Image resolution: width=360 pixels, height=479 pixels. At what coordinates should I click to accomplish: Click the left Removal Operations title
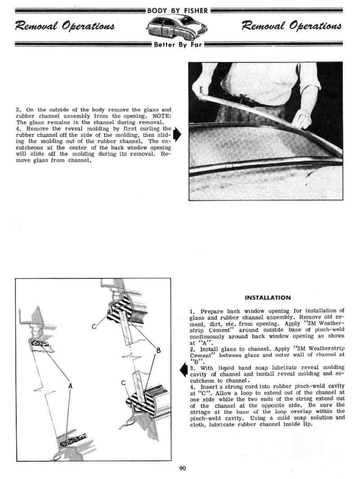(65, 27)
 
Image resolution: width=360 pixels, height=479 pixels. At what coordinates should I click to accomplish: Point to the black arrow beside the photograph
(177, 134)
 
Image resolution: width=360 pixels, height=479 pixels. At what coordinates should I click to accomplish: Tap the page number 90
(182, 469)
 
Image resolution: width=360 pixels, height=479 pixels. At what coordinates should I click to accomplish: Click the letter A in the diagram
(71, 385)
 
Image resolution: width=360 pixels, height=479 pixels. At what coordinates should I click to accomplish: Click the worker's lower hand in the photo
(301, 119)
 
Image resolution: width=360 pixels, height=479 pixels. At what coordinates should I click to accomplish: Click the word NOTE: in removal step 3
(162, 116)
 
